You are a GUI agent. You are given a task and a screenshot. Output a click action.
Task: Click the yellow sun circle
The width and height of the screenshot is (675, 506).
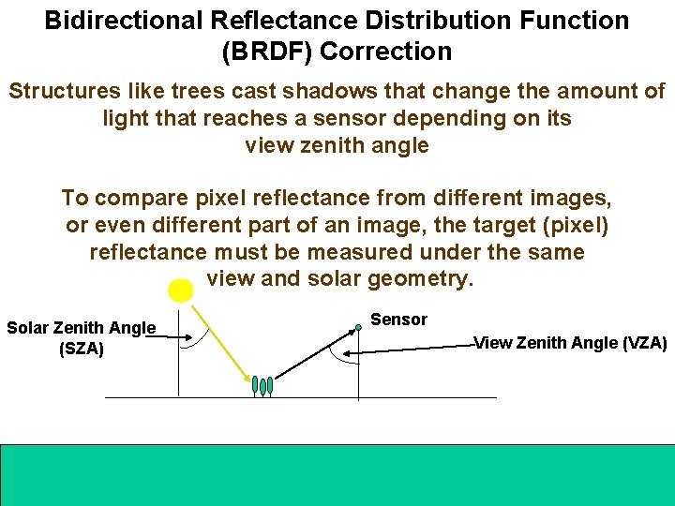[x=181, y=290]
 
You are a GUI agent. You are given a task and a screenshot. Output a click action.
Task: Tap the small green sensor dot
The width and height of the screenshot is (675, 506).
[x=358, y=328]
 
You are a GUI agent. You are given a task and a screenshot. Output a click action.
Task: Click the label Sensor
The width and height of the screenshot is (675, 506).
[x=398, y=320]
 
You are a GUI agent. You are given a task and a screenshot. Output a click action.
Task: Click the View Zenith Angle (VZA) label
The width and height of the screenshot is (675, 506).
[x=570, y=343]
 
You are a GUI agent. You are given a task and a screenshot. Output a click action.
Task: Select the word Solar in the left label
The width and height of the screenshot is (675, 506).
[x=28, y=328]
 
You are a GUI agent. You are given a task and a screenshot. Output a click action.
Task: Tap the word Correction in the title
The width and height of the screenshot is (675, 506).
[x=385, y=52]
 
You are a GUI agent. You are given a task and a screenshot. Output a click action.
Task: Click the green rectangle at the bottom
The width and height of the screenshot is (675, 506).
[x=337, y=474]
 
